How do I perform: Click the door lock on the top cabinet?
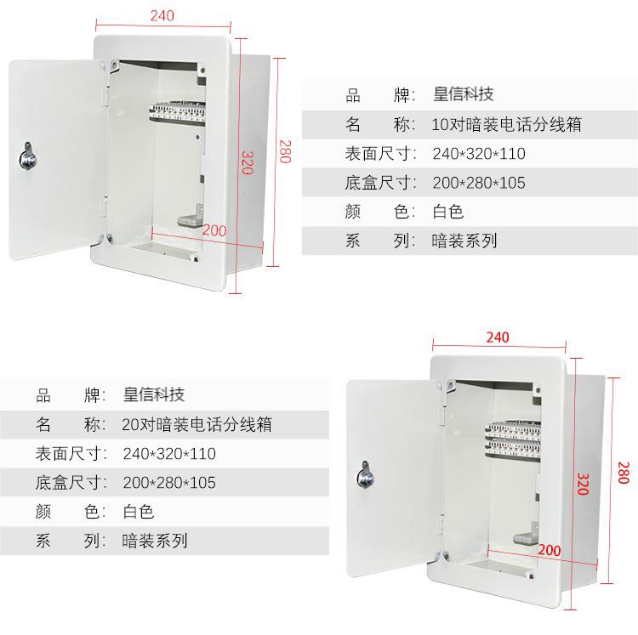(x=27, y=156)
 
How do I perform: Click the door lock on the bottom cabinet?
(x=366, y=474)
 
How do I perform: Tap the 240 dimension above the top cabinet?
(x=162, y=15)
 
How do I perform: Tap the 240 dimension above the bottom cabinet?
(x=498, y=337)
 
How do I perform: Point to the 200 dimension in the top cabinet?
(x=214, y=230)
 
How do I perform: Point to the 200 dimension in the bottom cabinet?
(x=550, y=550)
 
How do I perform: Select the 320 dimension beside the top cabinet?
(x=248, y=162)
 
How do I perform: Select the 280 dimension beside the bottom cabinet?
(x=624, y=473)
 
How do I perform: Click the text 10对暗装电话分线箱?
(x=507, y=124)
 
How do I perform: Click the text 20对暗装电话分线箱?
(x=197, y=424)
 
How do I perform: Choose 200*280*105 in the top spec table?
(x=479, y=183)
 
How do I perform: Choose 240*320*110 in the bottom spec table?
(x=169, y=454)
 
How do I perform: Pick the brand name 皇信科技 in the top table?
(x=464, y=94)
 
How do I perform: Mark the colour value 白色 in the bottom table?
(x=139, y=512)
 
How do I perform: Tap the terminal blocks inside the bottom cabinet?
(x=513, y=440)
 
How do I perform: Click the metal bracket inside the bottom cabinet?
(x=526, y=534)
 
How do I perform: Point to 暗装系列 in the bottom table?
(x=155, y=541)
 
